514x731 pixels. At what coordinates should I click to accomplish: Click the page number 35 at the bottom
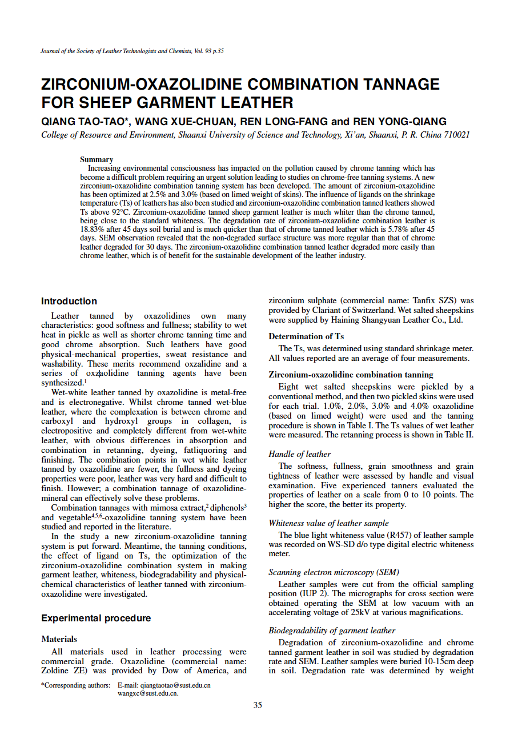[x=258, y=705]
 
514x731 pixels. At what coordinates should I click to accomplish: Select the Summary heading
[x=97, y=159]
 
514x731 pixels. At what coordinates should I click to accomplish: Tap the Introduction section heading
[x=69, y=301]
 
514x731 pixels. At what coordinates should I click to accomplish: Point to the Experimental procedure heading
[x=96, y=618]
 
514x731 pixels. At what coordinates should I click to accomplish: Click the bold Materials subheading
[x=59, y=639]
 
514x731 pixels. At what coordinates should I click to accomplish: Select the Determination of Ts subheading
[x=306, y=336]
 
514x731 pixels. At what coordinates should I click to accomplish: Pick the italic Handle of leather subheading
[x=299, y=454]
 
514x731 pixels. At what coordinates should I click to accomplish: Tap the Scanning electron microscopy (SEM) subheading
[x=334, y=572]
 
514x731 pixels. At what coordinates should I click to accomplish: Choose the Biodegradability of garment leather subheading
[x=332, y=630]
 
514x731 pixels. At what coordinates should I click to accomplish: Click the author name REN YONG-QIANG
[x=400, y=122]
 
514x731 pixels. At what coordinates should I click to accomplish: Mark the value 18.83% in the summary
[x=91, y=227]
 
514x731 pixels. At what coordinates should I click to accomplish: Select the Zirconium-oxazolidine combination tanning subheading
[x=351, y=375]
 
